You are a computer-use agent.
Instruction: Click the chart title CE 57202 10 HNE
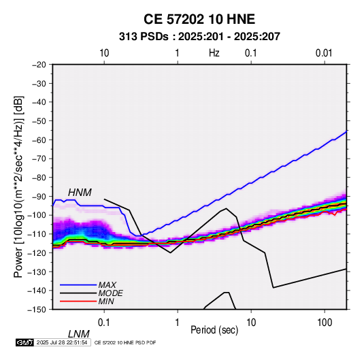[x=199, y=19]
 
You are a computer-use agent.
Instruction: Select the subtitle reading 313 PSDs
[x=144, y=37]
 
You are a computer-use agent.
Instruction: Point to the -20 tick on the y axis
[x=39, y=65]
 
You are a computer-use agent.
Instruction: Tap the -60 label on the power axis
[x=39, y=140]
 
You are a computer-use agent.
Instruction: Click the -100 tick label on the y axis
[x=37, y=215]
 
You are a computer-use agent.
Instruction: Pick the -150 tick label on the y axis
[x=37, y=310]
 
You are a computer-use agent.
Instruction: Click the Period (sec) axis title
[x=214, y=330]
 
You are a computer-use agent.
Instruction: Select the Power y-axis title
[x=18, y=186]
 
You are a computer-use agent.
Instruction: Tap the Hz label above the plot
[x=214, y=53]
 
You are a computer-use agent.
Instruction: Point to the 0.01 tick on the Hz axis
[x=324, y=53]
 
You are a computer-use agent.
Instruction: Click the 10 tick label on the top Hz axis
[x=104, y=53]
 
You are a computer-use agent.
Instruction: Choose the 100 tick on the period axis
[x=325, y=323]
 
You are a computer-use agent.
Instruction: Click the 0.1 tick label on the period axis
[x=104, y=323]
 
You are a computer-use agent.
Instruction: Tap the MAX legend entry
[x=107, y=285]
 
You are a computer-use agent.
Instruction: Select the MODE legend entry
[x=110, y=293]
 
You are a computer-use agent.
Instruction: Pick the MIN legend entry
[x=106, y=301]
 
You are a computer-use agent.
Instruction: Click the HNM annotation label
[x=80, y=193]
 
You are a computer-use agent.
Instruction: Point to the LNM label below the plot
[x=79, y=334]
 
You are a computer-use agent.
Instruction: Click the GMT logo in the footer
[x=25, y=342]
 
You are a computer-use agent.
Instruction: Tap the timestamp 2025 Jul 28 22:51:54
[x=62, y=342]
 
